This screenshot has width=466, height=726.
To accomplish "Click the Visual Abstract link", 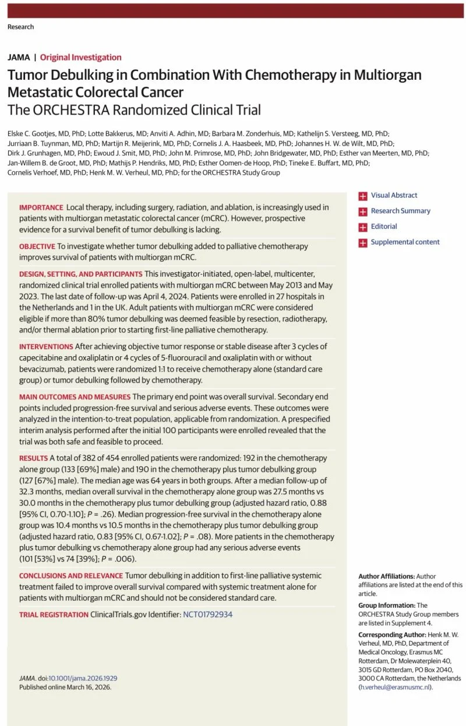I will click(x=394, y=196).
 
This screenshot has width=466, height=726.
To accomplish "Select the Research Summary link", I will click(x=400, y=211).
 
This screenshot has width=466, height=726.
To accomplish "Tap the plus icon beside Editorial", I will click(x=363, y=227).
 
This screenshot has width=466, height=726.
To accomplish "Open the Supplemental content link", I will click(x=405, y=242).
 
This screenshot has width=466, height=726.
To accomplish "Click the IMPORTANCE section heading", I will click(x=41, y=207).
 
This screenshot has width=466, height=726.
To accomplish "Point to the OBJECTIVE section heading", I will click(x=37, y=246).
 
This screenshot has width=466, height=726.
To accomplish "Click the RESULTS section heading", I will click(x=33, y=458).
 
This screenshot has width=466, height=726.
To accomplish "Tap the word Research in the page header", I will click(x=20, y=27).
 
